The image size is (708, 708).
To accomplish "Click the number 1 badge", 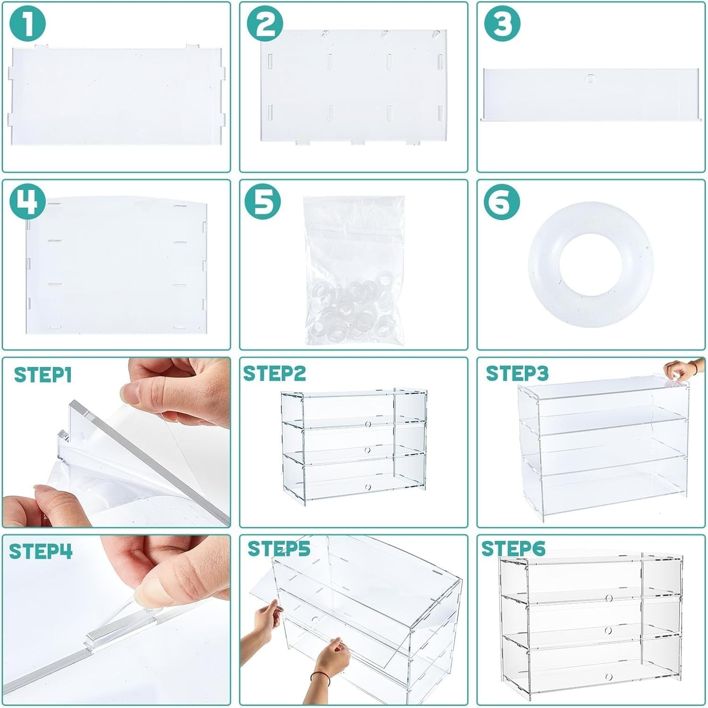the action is [28, 23].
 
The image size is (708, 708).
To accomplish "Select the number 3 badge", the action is [502, 23].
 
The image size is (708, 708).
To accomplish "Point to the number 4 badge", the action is [28, 202].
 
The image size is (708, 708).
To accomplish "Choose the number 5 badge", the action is [263, 202].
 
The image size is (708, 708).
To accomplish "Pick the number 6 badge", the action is [502, 202].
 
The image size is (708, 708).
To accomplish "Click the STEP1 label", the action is [43, 375].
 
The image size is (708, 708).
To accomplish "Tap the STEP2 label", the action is [275, 374].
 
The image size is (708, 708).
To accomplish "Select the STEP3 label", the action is [517, 373].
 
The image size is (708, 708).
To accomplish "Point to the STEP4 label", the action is [41, 551].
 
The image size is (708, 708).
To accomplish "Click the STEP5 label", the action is [279, 549].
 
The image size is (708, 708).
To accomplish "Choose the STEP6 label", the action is [513, 549].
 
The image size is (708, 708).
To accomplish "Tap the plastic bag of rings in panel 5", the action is [354, 270].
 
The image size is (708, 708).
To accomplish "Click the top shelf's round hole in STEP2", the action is [368, 424].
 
